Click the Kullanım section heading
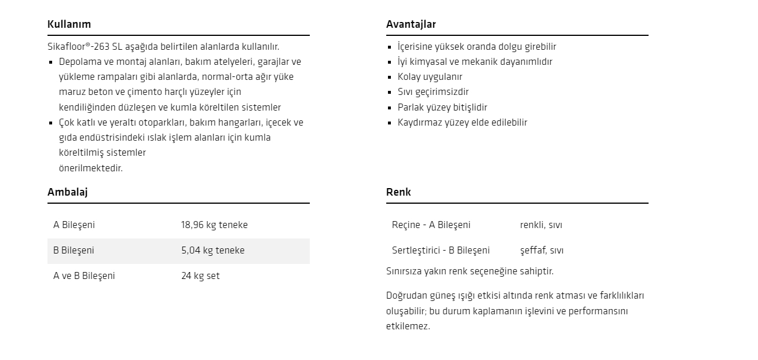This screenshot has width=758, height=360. (x=69, y=24)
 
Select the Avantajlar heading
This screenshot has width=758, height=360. (x=411, y=24)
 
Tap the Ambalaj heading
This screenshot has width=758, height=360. (x=67, y=192)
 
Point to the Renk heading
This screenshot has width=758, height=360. (x=398, y=192)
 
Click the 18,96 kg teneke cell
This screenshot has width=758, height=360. (x=214, y=225)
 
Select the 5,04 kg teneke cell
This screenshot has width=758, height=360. (x=213, y=251)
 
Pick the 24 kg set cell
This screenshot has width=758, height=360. (x=200, y=276)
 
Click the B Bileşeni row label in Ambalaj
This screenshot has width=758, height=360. (x=74, y=251)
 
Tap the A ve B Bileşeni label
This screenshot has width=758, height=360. (x=84, y=276)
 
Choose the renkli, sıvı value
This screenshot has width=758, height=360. (x=541, y=225)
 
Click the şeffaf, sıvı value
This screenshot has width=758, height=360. (x=541, y=251)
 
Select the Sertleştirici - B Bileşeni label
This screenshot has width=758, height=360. (x=441, y=251)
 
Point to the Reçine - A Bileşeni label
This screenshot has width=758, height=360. (x=431, y=225)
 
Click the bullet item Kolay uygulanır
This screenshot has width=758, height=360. (x=430, y=77)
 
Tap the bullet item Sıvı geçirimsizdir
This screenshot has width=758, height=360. (x=433, y=92)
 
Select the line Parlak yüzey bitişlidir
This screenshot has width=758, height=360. (x=442, y=108)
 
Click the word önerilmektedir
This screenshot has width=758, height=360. (x=91, y=168)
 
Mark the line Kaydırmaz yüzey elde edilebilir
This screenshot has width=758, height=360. (x=462, y=123)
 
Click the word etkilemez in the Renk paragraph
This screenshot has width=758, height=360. (x=408, y=326)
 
